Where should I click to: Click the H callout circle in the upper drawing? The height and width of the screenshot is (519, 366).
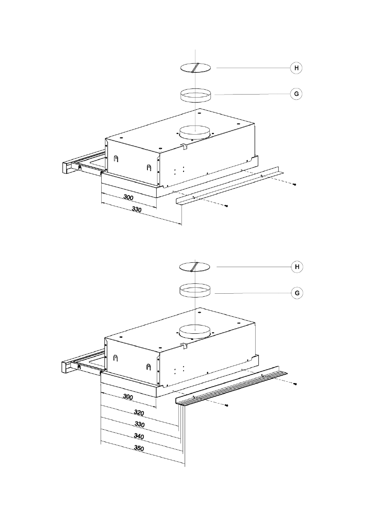tap(297, 68)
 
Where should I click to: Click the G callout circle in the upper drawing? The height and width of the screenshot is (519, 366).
tap(297, 94)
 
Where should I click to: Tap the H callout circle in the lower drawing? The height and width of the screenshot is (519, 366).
tap(297, 266)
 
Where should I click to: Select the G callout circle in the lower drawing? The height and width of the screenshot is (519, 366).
tap(297, 293)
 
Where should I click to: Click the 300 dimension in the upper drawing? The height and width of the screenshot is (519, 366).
tap(128, 197)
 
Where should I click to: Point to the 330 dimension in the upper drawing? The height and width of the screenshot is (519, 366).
tap(137, 210)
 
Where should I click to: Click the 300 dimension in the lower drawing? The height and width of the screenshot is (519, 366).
tap(128, 397)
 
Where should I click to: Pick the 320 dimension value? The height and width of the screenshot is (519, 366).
tap(139, 412)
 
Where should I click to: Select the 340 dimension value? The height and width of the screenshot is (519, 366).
tap(139, 436)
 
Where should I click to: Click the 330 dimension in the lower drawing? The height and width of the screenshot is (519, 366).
tap(139, 424)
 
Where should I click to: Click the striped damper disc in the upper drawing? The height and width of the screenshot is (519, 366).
tap(195, 68)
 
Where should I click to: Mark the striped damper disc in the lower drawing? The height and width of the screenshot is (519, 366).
tap(195, 266)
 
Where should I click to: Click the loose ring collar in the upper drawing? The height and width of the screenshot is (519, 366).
tap(195, 95)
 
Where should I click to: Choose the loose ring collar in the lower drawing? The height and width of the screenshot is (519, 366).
tap(195, 291)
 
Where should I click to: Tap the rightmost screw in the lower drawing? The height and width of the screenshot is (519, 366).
tap(295, 384)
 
